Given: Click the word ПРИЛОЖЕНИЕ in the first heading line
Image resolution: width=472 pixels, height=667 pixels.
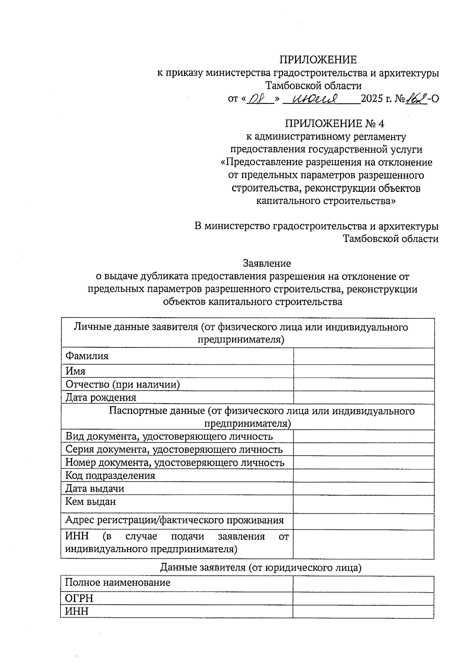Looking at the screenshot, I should click(318, 60).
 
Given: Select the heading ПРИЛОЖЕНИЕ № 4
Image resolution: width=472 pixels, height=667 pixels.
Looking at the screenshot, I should click(334, 123).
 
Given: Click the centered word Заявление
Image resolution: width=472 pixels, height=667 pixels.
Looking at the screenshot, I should click(267, 263).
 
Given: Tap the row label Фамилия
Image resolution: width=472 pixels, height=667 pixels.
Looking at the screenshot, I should click(87, 356).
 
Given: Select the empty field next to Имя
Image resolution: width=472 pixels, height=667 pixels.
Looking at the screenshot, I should click(364, 371).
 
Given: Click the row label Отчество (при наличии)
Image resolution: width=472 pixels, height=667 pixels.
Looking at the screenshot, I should click(122, 384).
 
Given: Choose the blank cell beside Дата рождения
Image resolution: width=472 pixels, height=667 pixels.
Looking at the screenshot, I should click(364, 397).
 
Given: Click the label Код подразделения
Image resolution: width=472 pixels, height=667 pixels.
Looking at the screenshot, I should click(110, 476).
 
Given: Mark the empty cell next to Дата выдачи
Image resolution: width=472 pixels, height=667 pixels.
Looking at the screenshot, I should click(364, 489).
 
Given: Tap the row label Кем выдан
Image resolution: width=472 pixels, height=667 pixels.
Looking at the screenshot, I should click(90, 502).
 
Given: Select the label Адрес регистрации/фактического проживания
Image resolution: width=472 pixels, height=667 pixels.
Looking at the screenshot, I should click(174, 520).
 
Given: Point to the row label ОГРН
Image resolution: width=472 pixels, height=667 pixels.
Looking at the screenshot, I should click(79, 598).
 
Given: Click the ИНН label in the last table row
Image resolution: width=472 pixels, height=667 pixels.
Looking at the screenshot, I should click(77, 611).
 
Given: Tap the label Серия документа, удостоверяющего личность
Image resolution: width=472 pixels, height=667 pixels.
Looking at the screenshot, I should click(173, 450).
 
